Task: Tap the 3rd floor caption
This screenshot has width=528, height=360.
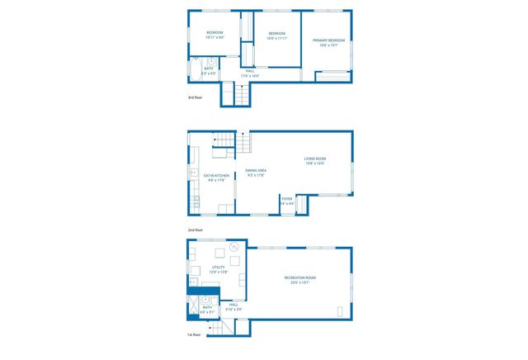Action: click(195, 97)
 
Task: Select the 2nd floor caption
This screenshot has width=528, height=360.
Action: click(195, 230)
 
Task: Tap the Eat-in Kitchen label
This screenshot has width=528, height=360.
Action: click(214, 177)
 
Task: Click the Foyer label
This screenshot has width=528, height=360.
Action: click(287, 201)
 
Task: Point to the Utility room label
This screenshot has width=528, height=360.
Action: click(219, 269)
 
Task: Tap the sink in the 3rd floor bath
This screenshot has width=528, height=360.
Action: click(212, 61)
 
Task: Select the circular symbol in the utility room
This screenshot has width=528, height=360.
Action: click(234, 245)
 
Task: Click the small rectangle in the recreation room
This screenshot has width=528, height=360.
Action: click(342, 311)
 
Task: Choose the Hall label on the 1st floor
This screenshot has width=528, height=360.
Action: click(233, 306)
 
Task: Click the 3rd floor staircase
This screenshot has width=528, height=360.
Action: click(242, 96)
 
